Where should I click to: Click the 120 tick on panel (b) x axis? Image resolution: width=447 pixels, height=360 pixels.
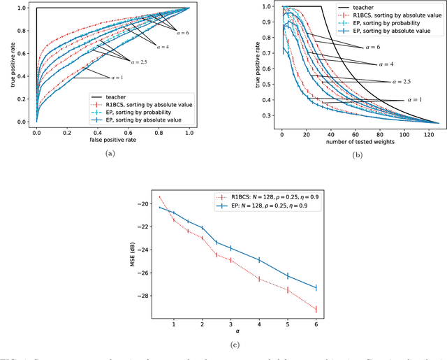422,133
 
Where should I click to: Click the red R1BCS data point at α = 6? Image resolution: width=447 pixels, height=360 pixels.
316,309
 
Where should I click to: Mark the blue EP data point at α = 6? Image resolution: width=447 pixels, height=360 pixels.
316,287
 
